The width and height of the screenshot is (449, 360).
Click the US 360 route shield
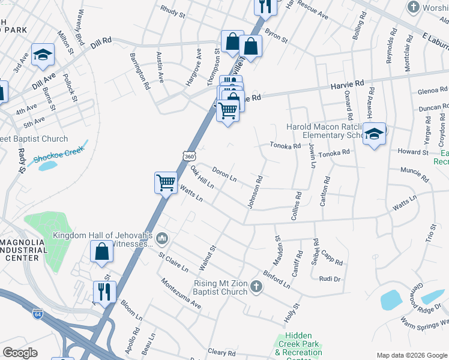tap(190, 156)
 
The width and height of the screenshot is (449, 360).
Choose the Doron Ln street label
tap(224, 175)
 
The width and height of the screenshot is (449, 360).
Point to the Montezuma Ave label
tap(180, 293)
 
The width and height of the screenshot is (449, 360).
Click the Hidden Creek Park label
tap(299, 344)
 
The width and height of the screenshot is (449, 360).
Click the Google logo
tap(20, 353)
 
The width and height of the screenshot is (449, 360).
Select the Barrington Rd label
tap(140, 71)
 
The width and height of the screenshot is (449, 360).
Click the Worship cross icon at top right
tap(412, 7)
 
